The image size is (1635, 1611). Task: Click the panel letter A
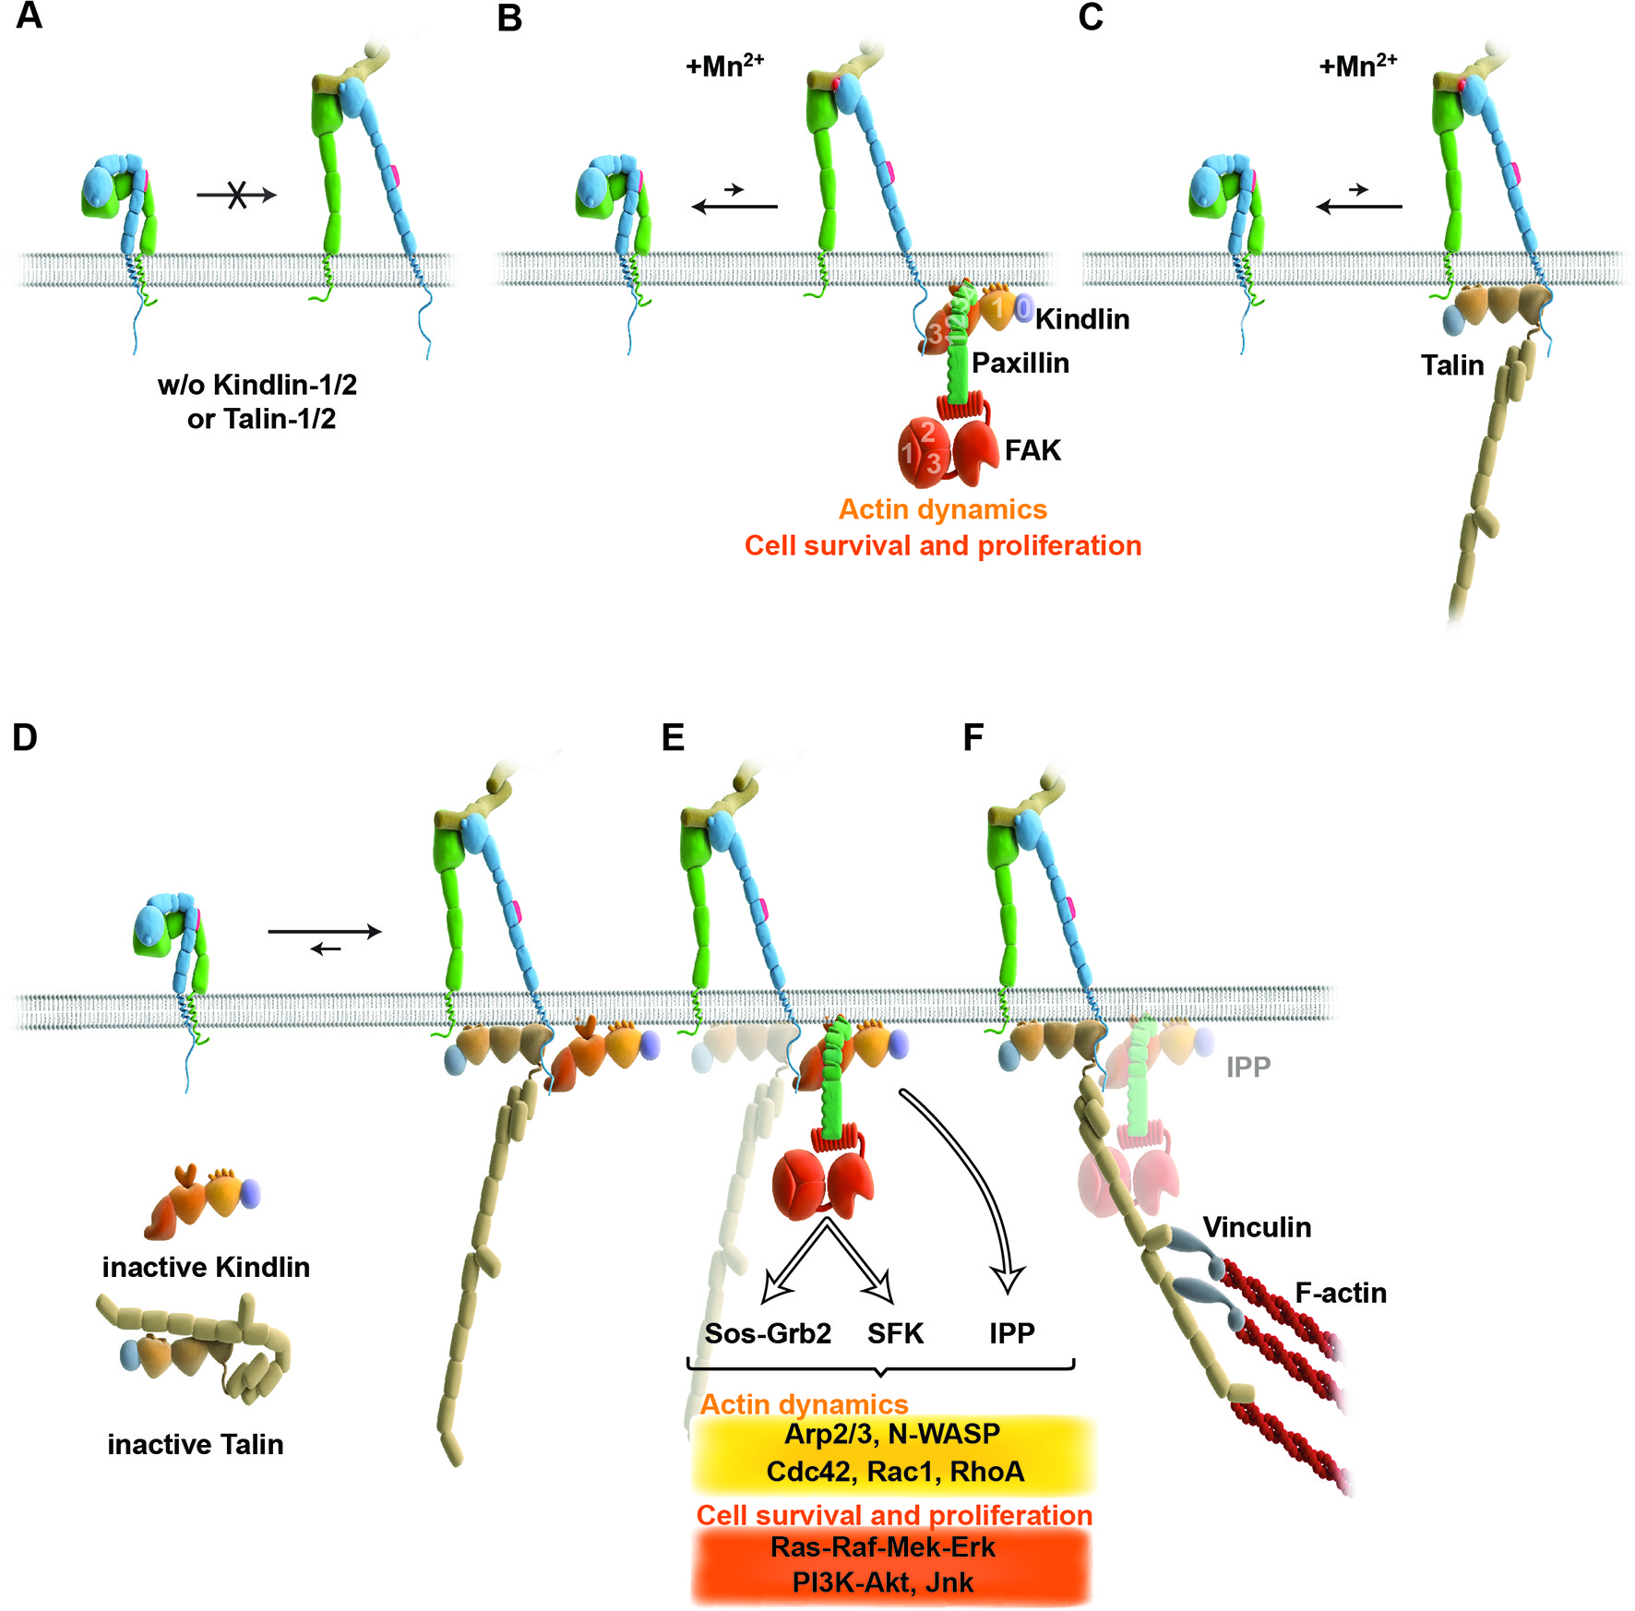point(29,16)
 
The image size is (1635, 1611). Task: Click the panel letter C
point(1091,18)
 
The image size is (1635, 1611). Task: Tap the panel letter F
point(973,738)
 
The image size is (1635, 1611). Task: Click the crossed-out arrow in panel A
point(237,195)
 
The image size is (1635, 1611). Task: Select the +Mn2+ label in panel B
point(724,66)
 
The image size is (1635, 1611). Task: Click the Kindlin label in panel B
point(1082,319)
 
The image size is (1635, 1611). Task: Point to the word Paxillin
point(1020,364)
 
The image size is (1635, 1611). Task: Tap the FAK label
point(1032,450)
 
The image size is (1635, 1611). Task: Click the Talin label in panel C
point(1452,365)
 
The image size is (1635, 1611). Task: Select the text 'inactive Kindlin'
point(206,1267)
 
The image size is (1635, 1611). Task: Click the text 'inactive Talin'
point(196,1444)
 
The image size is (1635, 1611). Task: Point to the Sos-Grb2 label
point(768,1333)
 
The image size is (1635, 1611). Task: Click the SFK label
point(895,1333)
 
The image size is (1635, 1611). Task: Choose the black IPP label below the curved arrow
point(1012,1333)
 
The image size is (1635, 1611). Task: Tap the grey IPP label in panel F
point(1248,1068)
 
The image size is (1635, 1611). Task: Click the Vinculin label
point(1257,1227)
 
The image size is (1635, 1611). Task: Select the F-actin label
point(1341,1293)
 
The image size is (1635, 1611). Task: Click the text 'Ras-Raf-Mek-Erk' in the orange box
point(883,1546)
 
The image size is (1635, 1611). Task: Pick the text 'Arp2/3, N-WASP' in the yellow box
point(892,1434)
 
